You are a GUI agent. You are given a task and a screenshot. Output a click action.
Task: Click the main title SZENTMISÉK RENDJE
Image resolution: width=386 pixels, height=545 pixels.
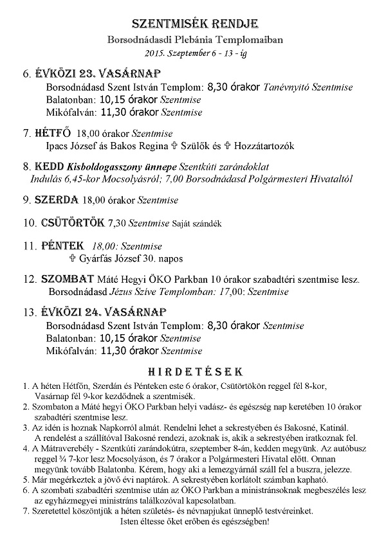coord(194,24)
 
